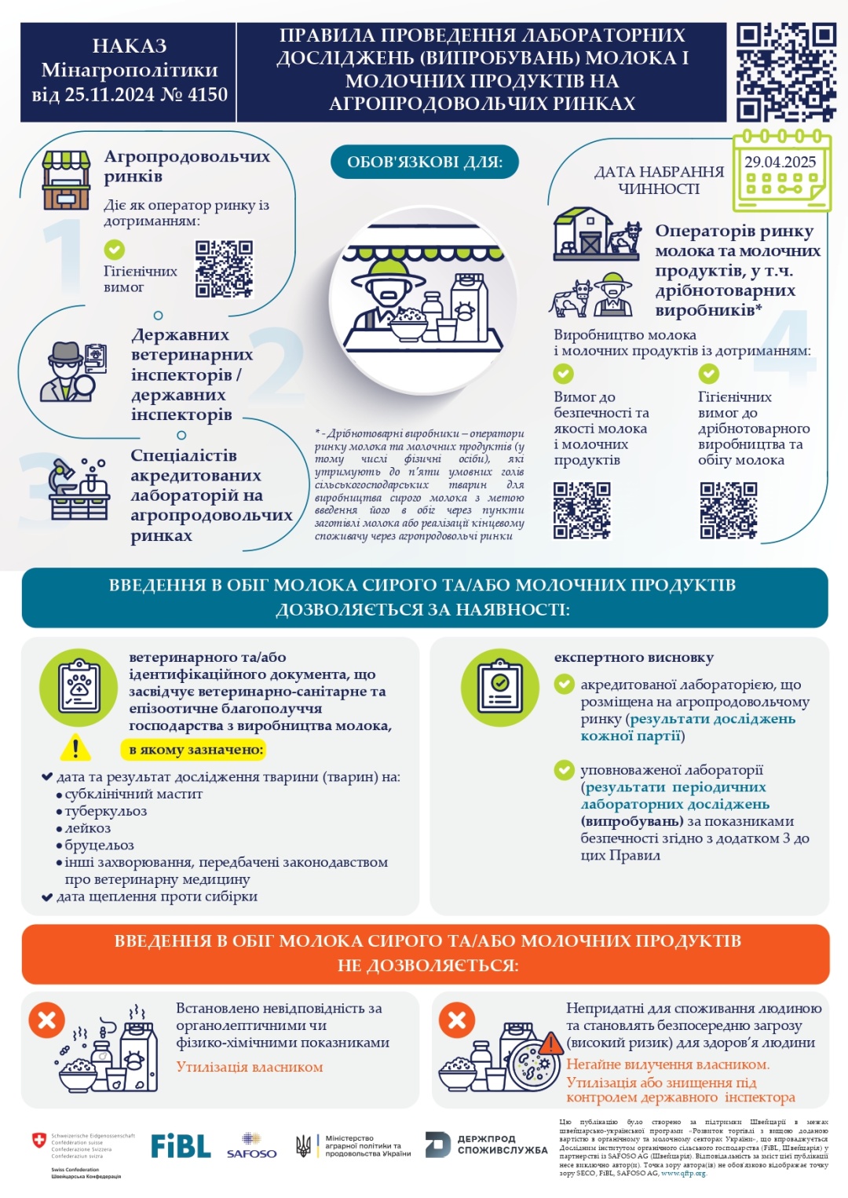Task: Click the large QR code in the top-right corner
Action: (x=785, y=71)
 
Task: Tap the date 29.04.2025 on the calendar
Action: (x=780, y=163)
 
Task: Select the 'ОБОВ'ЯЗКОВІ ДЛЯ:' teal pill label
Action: (x=424, y=163)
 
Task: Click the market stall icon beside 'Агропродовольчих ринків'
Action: (x=66, y=181)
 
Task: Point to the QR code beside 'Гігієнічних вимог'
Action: (x=224, y=268)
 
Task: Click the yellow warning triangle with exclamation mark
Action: (x=75, y=748)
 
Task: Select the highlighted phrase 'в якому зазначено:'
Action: (x=196, y=751)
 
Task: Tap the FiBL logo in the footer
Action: (x=181, y=1146)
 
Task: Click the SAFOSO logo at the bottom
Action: (x=251, y=1147)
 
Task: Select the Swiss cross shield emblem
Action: (x=38, y=1140)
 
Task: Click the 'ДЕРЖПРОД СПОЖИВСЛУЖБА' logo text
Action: (x=487, y=1145)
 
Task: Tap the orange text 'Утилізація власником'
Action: (x=250, y=1067)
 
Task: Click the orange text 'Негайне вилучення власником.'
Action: (x=667, y=1065)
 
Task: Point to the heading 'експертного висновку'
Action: (x=634, y=658)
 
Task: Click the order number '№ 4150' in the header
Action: (x=194, y=95)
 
